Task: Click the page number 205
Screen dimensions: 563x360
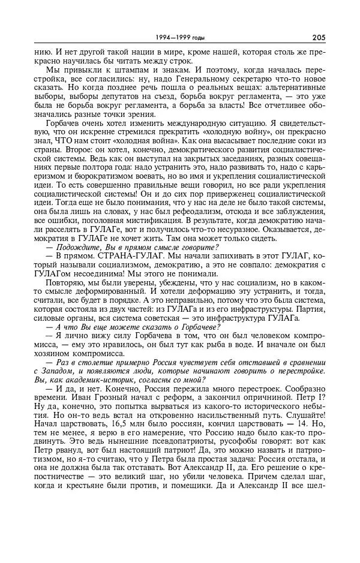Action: (x=318, y=37)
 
